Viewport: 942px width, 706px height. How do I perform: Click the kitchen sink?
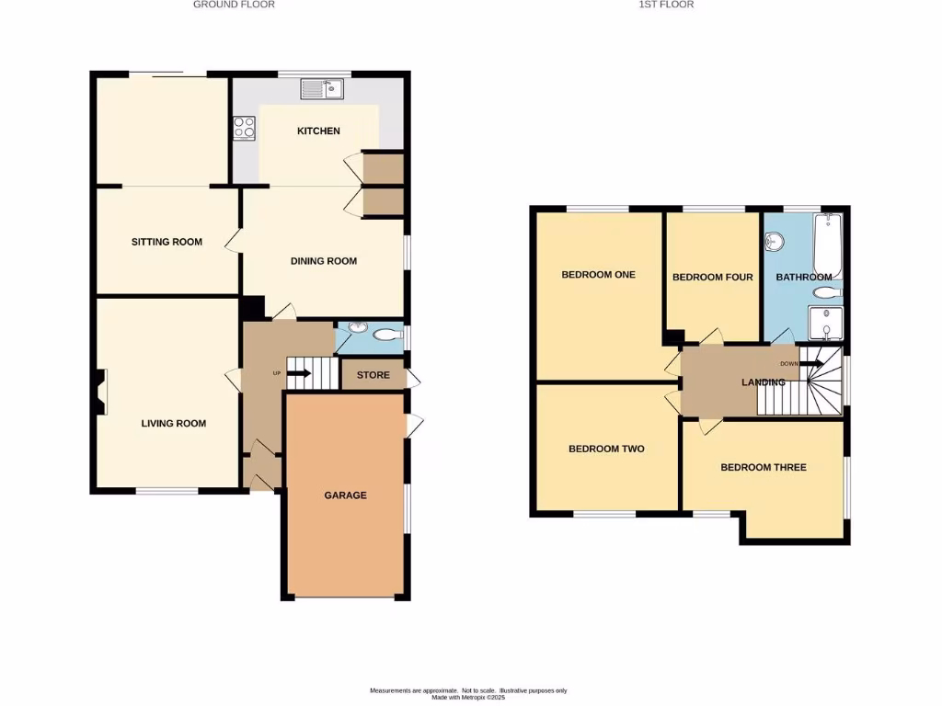[321, 88]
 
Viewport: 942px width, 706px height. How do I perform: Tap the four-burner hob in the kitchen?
[244, 128]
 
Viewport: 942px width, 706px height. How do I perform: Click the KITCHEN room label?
[318, 131]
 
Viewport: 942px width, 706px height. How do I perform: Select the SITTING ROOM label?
[167, 243]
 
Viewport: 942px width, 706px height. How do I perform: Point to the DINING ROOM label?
[323, 261]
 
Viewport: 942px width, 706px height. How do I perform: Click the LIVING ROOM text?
[173, 424]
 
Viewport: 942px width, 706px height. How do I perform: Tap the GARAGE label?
[345, 495]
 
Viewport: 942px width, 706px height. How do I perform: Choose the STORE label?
[373, 375]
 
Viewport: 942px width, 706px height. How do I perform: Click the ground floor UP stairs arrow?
[299, 373]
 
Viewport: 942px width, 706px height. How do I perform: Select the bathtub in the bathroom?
[828, 244]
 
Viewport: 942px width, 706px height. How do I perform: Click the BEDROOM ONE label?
[599, 275]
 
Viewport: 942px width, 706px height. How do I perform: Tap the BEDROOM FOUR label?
[712, 278]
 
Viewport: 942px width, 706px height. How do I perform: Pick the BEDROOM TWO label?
[606, 450]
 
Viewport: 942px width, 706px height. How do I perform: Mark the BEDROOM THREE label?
[763, 468]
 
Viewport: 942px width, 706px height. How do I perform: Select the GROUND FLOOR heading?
[234, 5]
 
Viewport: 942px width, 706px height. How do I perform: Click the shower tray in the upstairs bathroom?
[826, 325]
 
